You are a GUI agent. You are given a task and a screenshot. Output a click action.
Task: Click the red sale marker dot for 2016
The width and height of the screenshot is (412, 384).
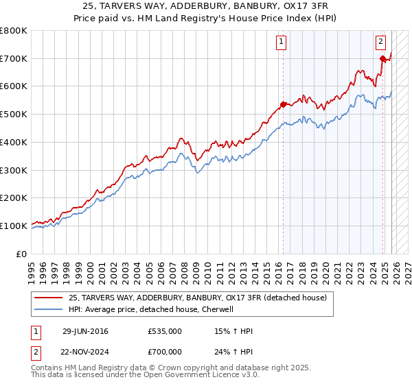[x=282, y=105]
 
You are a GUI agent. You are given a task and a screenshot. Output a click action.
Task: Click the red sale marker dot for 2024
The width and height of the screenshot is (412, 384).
[x=382, y=59]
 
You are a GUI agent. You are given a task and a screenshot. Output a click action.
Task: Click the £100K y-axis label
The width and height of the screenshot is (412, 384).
[x=14, y=226]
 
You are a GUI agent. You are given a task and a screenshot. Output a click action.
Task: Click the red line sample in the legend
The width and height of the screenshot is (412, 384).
[x=49, y=298]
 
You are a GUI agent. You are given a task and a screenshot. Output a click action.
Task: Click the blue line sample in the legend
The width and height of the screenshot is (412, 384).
[x=49, y=309]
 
